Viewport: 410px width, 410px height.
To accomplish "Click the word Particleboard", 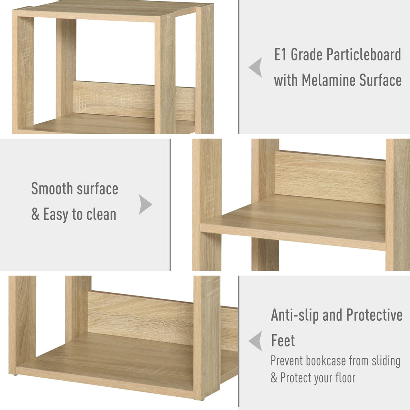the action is pyautogui.click(x=364, y=54).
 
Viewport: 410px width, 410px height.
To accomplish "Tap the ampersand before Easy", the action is pyautogui.click(x=35, y=215).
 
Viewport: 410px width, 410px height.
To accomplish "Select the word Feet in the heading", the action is pyautogui.click(x=283, y=340).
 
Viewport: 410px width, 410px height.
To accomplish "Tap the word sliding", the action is pyautogui.click(x=386, y=362).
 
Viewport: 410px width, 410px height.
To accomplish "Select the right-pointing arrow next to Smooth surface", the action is pyautogui.click(x=145, y=205).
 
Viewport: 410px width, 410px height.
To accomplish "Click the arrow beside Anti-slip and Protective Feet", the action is pyautogui.click(x=255, y=341).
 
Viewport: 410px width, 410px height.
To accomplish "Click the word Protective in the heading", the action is pyautogui.click(x=374, y=315).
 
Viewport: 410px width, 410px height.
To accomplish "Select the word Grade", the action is pyautogui.click(x=306, y=54).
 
